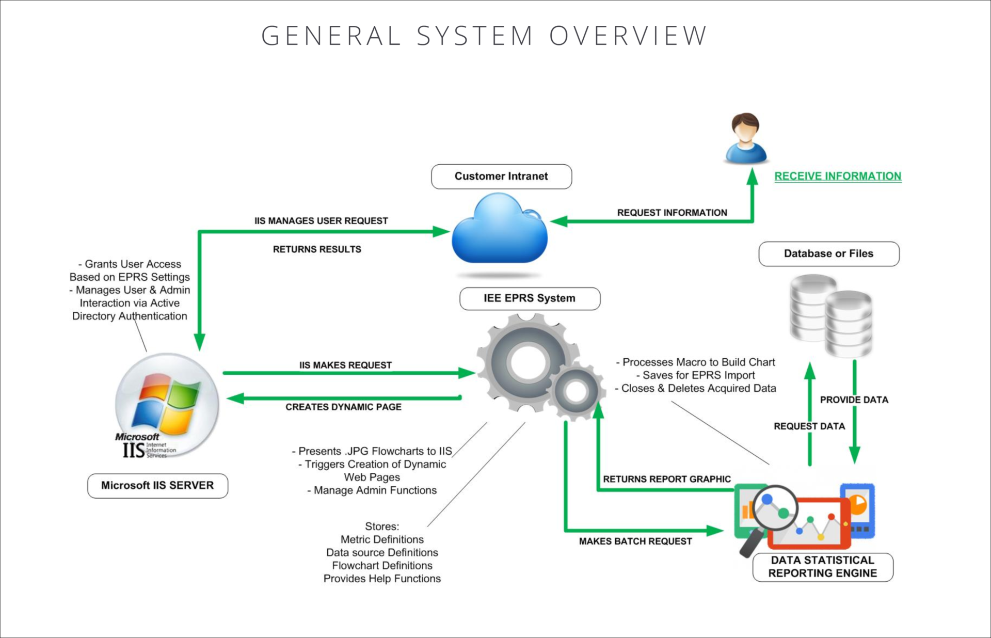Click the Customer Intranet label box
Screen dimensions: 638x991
(501, 177)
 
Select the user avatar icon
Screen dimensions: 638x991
(745, 138)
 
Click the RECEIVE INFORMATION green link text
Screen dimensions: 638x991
(838, 177)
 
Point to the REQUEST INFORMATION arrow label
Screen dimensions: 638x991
(672, 213)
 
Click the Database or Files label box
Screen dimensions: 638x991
(828, 254)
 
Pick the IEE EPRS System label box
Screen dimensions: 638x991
(530, 298)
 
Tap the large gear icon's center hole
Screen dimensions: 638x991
(526, 362)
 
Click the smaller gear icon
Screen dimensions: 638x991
(576, 392)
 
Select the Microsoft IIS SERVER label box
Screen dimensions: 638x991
(157, 486)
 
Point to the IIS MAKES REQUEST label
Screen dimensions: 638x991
(345, 365)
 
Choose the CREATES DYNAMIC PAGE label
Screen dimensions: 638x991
(343, 407)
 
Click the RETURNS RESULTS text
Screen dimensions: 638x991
(317, 249)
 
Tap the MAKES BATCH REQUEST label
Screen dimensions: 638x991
(635, 541)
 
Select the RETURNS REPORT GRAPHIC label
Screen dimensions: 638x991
(667, 480)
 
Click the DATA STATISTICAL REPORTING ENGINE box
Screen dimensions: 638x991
(823, 567)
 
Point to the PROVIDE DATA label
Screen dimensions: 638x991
(854, 400)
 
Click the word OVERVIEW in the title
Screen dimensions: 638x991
(628, 36)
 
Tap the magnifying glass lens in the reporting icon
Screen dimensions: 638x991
(775, 508)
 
